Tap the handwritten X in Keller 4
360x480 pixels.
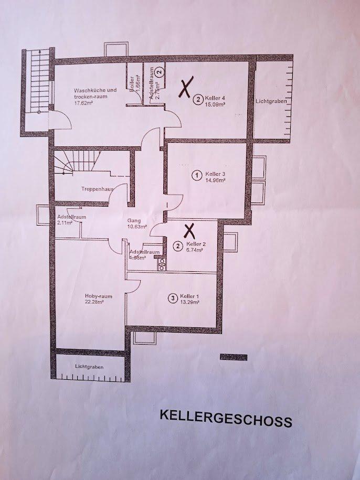(185, 88)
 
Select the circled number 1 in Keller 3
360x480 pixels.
(197, 175)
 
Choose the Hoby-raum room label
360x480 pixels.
(94, 296)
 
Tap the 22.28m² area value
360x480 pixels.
(94, 302)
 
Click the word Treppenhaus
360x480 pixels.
(94, 188)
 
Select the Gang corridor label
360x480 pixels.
(133, 220)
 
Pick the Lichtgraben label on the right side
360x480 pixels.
(271, 101)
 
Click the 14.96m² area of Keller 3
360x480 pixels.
(216, 179)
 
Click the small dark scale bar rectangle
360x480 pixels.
(233, 357)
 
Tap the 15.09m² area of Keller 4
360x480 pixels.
(215, 104)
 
